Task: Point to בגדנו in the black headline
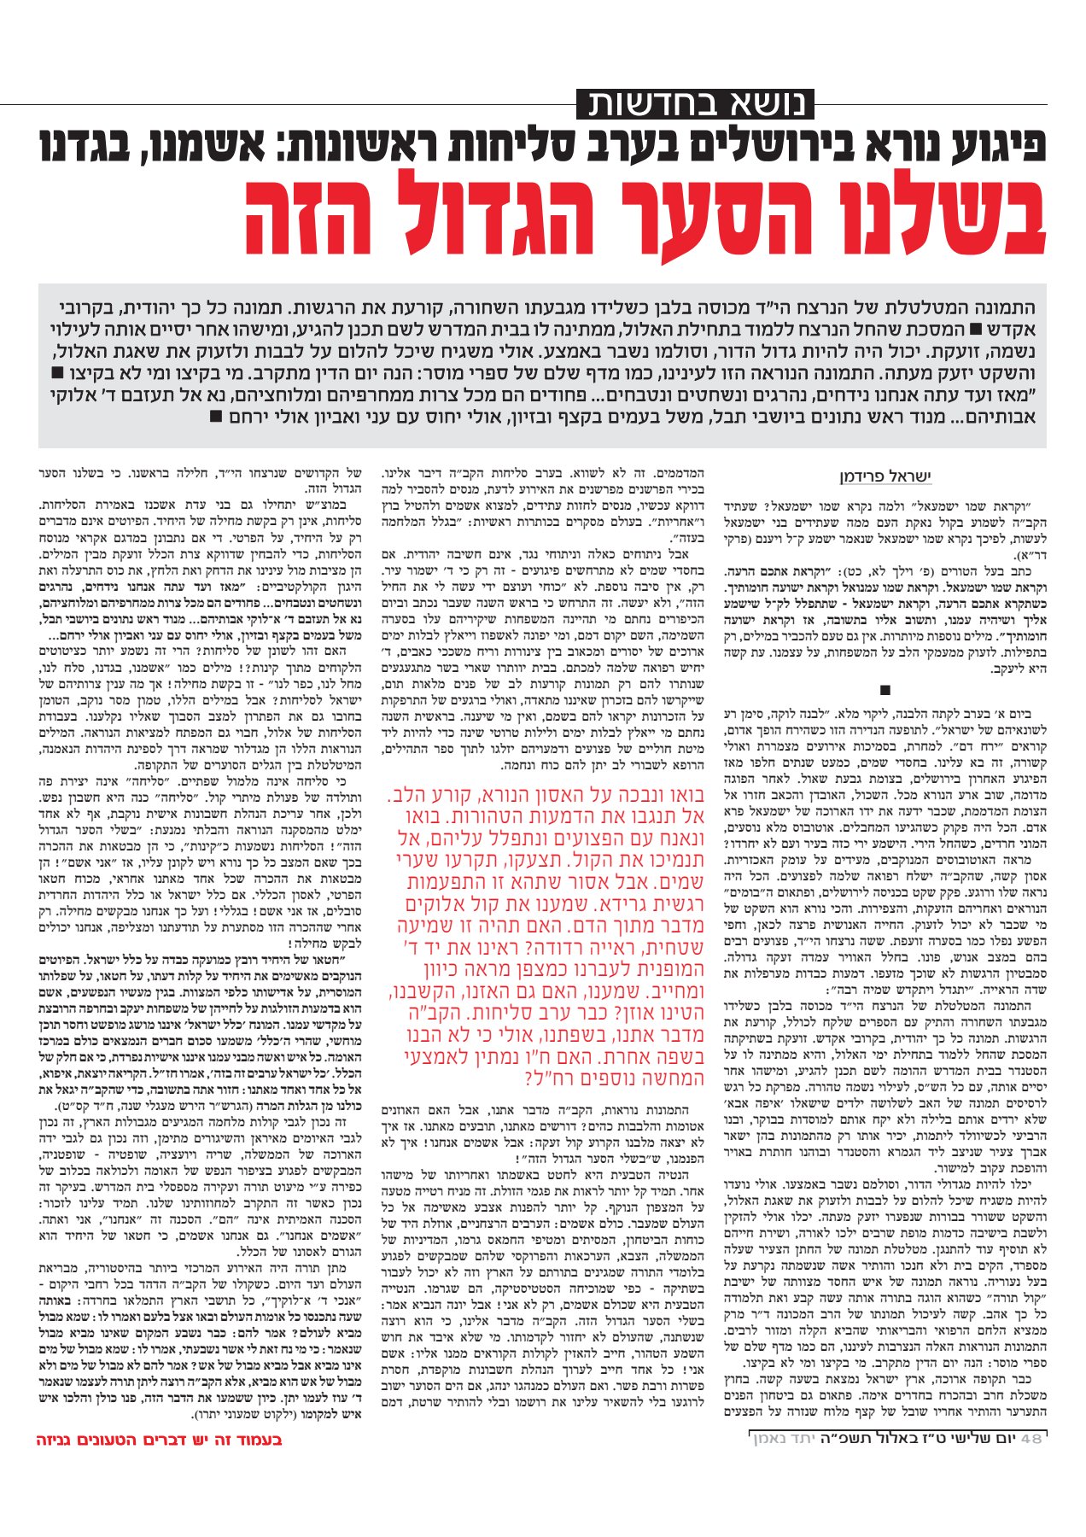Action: pyautogui.click(x=95, y=145)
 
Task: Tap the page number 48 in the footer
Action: pyautogui.click(x=1031, y=1438)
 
